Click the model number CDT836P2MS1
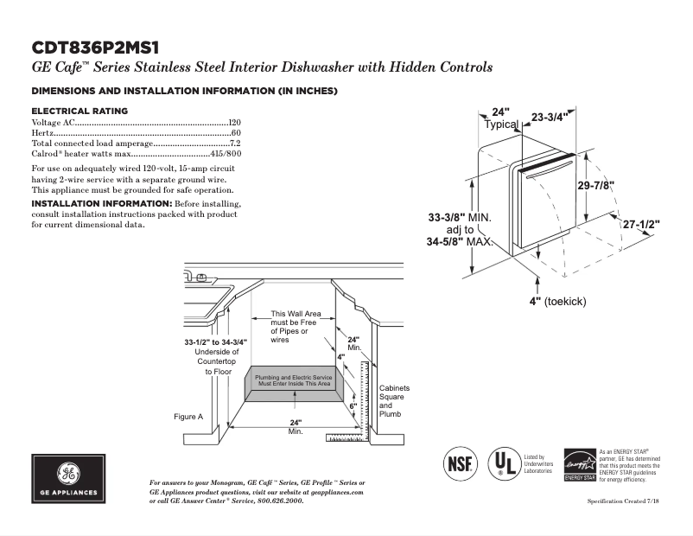96,47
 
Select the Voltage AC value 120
234,124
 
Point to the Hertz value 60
236,133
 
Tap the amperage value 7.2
235,143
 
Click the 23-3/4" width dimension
549,118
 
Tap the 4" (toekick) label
557,301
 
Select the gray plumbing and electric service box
294,381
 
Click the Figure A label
188,417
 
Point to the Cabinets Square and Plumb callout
394,401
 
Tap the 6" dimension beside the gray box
353,405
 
